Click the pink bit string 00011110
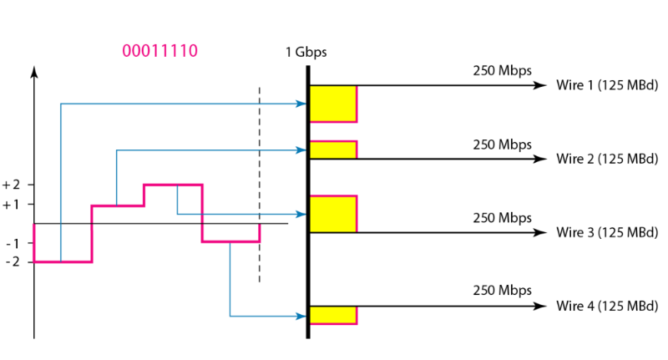(x=159, y=51)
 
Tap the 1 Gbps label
(x=306, y=52)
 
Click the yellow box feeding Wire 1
(x=333, y=104)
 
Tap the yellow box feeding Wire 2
(x=333, y=150)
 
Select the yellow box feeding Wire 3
(x=333, y=214)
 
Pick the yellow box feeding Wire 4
(x=333, y=315)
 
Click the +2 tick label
(x=14, y=185)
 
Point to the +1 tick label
(x=14, y=204)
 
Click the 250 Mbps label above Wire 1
(x=502, y=71)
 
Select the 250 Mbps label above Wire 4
(x=502, y=291)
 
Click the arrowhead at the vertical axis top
(x=34, y=73)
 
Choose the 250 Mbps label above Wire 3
(x=502, y=218)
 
